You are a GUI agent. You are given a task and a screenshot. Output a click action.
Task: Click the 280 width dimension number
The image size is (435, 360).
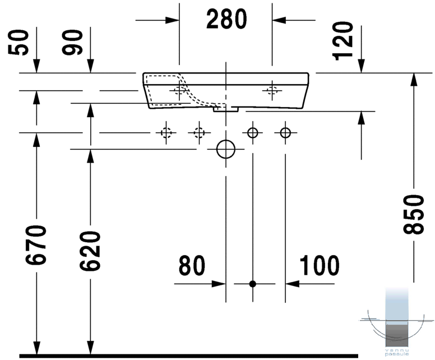pos(226,19)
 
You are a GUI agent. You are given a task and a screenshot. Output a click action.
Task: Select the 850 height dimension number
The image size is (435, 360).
pos(414,214)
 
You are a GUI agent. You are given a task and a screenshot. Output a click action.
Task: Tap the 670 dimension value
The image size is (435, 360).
pos(36,245)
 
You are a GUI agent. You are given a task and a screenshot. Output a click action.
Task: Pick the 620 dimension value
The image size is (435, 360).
pos(90,251)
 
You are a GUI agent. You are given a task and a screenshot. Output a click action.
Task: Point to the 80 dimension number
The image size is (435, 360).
pos(192,266)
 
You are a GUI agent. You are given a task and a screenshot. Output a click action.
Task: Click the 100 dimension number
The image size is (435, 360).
pos(320,266)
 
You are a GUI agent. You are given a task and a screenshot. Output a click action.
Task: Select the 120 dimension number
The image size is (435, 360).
pos(343,41)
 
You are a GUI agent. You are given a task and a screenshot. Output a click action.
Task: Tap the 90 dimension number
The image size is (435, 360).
pos(72,42)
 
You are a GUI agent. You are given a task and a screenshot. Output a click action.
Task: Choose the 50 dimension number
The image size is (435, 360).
pos(18,42)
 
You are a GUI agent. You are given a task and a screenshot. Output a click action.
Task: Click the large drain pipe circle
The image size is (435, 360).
pos(226,149)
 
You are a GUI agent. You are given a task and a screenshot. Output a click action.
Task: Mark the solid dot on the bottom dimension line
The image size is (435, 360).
pos(252,284)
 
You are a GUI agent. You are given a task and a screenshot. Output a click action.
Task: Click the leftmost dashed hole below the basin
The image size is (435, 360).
pos(166,133)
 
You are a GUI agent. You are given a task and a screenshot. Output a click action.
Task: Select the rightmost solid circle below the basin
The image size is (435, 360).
pos(285,133)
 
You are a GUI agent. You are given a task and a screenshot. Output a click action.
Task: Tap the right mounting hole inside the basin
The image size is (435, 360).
pos(272,90)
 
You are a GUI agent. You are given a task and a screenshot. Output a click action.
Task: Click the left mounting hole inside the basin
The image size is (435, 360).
pos(179,90)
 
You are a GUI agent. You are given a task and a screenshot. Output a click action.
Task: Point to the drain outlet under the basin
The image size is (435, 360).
pos(226,109)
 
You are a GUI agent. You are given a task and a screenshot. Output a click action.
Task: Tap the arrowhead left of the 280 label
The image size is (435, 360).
pos(172,20)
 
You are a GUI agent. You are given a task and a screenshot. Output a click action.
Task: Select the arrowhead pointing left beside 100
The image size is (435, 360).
pos(293,284)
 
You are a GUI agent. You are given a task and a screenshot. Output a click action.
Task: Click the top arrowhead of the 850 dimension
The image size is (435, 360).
pos(414,80)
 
